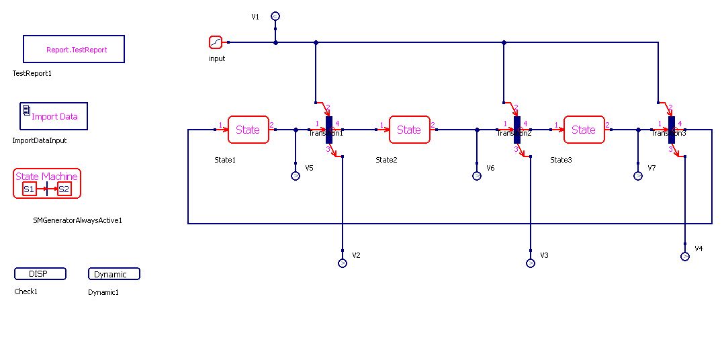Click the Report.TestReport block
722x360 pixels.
click(x=74, y=49)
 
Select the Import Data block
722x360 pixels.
click(x=54, y=116)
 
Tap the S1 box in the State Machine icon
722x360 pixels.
click(x=29, y=189)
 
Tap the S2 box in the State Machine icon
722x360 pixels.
click(x=64, y=189)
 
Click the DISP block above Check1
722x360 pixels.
click(x=40, y=273)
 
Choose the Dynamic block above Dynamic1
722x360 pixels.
click(x=114, y=273)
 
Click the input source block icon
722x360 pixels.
click(x=216, y=42)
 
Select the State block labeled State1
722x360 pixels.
click(x=249, y=130)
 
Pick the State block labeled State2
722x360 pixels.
click(x=410, y=130)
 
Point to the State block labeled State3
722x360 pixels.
click(x=584, y=130)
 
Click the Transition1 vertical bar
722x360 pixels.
click(x=329, y=130)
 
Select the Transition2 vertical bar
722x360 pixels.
click(x=517, y=130)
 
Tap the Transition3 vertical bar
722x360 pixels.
click(x=672, y=130)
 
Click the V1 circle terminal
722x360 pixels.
click(x=275, y=16)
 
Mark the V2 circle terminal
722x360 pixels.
click(x=343, y=263)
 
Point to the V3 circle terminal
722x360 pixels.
click(x=531, y=263)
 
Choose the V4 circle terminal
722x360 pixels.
click(x=685, y=257)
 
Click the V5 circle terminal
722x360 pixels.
click(x=296, y=176)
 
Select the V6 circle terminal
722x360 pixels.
click(x=477, y=176)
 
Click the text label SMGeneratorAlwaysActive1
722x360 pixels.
click(x=78, y=220)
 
